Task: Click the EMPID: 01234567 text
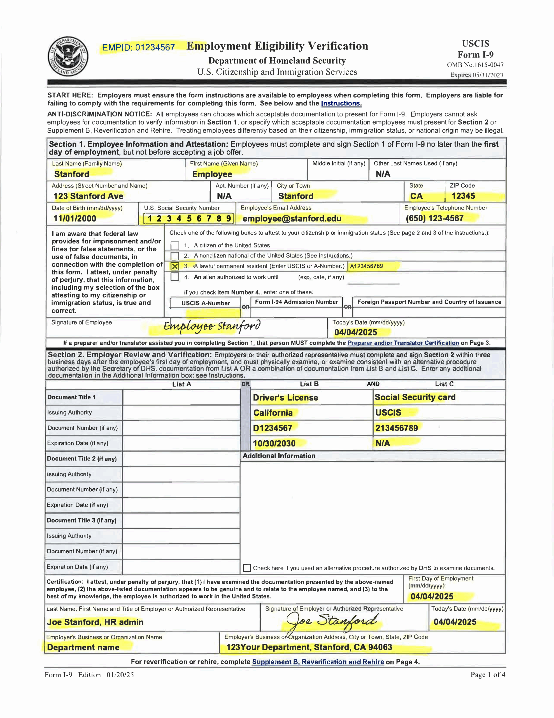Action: point(138,48)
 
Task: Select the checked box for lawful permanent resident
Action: point(175,266)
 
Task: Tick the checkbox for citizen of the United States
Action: point(175,246)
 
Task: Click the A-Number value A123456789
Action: point(366,266)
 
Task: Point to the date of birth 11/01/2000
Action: point(75,218)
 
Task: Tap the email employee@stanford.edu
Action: point(292,218)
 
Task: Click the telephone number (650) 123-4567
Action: point(434,218)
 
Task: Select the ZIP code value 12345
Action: point(463,196)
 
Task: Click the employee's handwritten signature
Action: point(212,326)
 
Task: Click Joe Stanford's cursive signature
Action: point(332,621)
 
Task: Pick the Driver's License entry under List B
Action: point(285,397)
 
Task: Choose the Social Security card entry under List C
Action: point(415,397)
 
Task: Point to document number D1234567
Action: point(272,428)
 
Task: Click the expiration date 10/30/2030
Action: point(274,443)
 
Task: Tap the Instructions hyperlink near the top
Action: point(341,103)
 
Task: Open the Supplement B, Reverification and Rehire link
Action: point(318,662)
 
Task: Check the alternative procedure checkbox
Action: point(247,568)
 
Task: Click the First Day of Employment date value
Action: point(432,596)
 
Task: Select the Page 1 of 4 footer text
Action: point(487,675)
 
